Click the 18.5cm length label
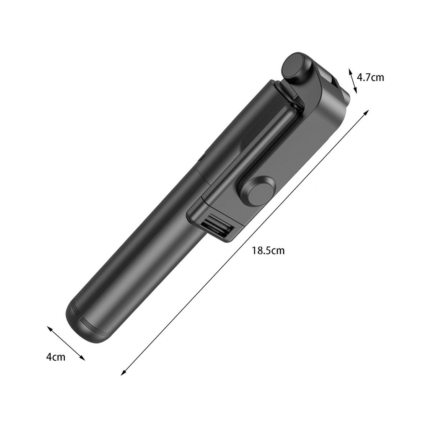(x=268, y=251)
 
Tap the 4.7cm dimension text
(x=370, y=77)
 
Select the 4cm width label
(x=56, y=357)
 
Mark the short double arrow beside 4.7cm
(x=353, y=81)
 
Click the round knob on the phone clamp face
(x=256, y=191)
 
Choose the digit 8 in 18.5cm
(x=259, y=251)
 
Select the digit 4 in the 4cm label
(x=49, y=357)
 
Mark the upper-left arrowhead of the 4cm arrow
(x=49, y=328)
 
